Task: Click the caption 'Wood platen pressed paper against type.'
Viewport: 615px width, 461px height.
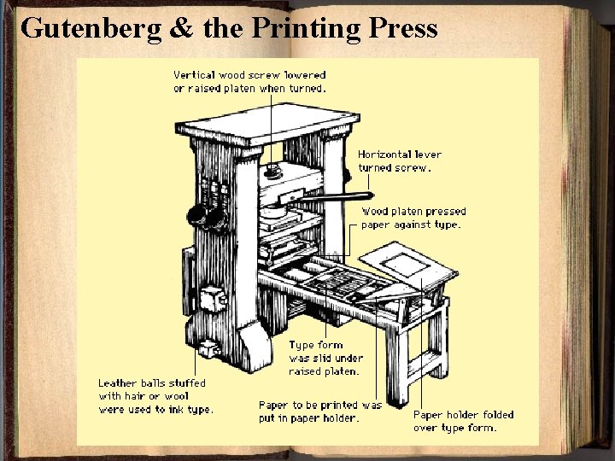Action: click(413, 218)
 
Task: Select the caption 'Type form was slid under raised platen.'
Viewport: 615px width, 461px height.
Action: click(325, 359)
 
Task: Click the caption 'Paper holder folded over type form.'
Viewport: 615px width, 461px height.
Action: click(464, 421)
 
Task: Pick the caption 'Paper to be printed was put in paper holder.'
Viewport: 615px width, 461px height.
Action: click(320, 411)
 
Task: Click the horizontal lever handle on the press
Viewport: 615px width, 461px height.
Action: click(325, 197)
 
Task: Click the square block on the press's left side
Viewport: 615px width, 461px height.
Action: click(210, 299)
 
